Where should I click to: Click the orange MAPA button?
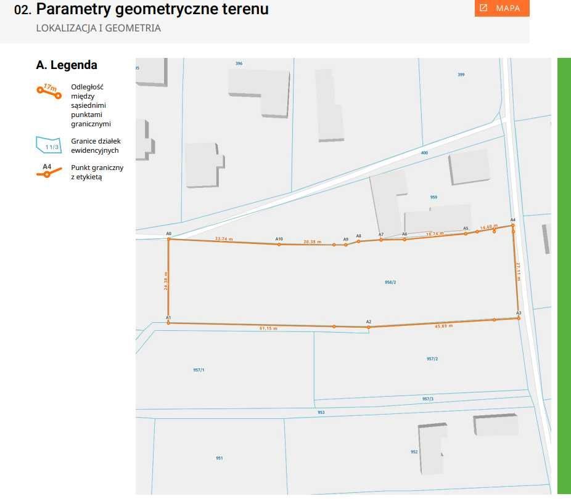502,8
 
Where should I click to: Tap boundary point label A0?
168,234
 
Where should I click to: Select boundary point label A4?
512,220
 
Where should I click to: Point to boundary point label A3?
519,313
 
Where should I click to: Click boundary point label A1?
168,317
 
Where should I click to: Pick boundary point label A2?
369,322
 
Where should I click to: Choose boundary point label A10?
279,239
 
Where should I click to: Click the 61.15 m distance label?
268,329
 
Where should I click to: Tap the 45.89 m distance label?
444,326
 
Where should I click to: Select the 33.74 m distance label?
224,238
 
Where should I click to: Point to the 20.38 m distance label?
312,242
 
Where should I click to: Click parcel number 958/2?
390,282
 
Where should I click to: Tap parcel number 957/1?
199,370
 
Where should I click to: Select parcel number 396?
239,63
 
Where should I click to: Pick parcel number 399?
461,75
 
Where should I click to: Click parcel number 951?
220,458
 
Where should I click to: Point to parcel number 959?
433,197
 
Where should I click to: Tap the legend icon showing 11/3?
49,145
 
